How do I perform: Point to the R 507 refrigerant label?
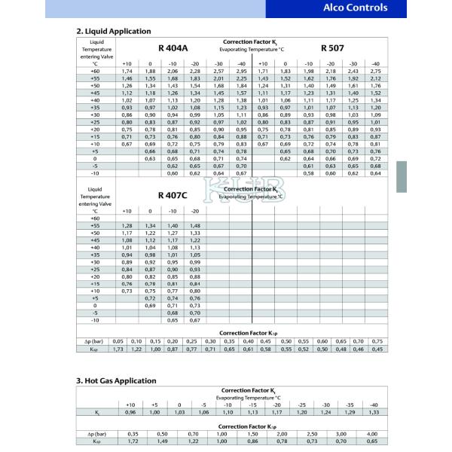pos(332,47)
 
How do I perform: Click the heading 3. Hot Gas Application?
pos(117,380)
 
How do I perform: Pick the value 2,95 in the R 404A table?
pos(242,70)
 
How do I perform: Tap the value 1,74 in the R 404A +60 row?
pos(128,70)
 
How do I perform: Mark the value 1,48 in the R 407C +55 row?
pos(196,225)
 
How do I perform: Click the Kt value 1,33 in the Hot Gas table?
pos(374,412)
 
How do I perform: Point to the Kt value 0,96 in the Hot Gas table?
pos(130,412)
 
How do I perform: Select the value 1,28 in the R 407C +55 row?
pos(128,225)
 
